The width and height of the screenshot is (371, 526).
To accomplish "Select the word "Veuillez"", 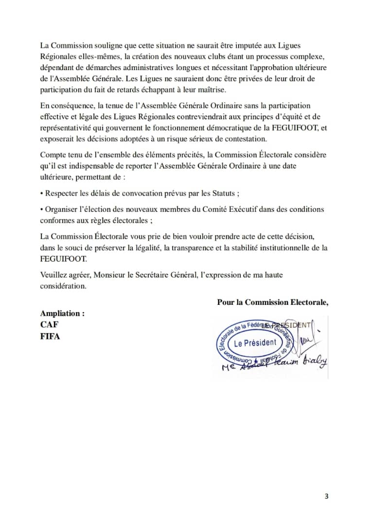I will [54, 275].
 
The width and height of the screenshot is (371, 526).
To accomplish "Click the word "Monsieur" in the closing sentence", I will [109, 275].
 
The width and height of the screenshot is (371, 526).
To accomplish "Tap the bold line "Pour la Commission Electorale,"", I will [272, 302].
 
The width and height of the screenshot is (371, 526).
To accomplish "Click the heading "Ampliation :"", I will [62, 314].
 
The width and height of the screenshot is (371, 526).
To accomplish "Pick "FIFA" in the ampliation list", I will [50, 336].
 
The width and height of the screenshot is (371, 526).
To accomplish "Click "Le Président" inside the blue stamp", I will [255, 343].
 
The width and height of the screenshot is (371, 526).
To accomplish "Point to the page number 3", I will [327, 497].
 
